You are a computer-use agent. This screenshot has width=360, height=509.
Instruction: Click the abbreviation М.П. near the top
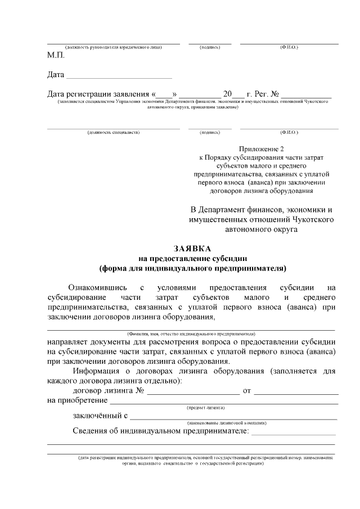[x=56, y=56]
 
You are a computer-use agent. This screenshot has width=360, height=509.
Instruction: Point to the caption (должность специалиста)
[x=113, y=132]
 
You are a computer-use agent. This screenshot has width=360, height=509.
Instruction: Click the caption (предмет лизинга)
[x=206, y=407]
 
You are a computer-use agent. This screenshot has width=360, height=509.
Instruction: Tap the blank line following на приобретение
[x=223, y=400]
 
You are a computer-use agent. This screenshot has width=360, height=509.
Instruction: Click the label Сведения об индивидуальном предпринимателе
[x=161, y=431]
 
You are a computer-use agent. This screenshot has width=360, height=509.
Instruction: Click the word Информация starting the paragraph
[x=100, y=371]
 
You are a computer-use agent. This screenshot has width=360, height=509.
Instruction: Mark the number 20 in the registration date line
[x=227, y=94]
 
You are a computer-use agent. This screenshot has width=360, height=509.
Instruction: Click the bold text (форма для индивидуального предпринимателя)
[x=192, y=268]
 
